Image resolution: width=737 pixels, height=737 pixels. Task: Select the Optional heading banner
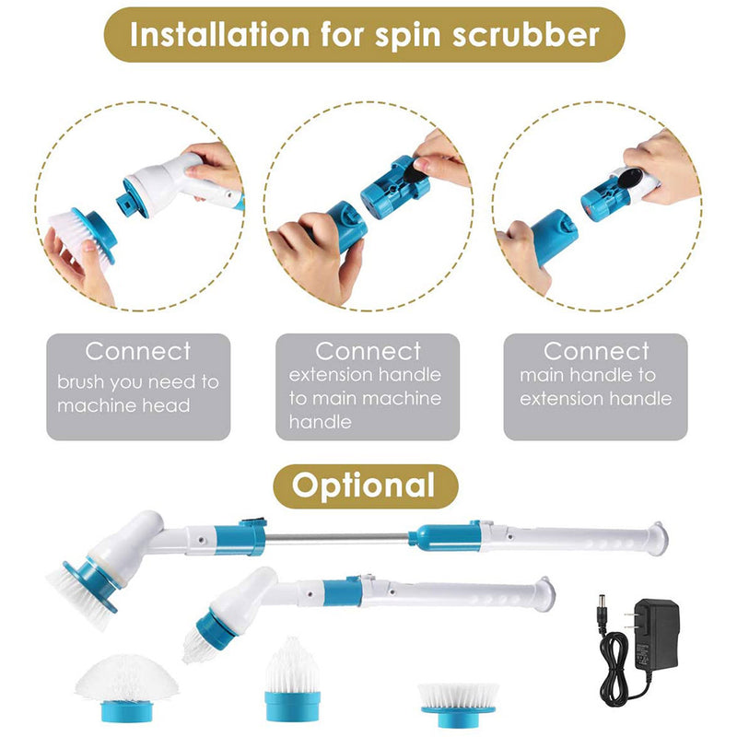(366, 485)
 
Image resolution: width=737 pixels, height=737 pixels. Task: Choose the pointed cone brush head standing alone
(292, 677)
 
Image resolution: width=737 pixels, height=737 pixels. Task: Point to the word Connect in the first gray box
(138, 351)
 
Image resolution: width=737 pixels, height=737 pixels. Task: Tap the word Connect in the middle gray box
(368, 351)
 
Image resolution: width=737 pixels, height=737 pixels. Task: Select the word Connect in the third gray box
(595, 351)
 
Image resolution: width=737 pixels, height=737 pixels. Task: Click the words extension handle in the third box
(595, 399)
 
